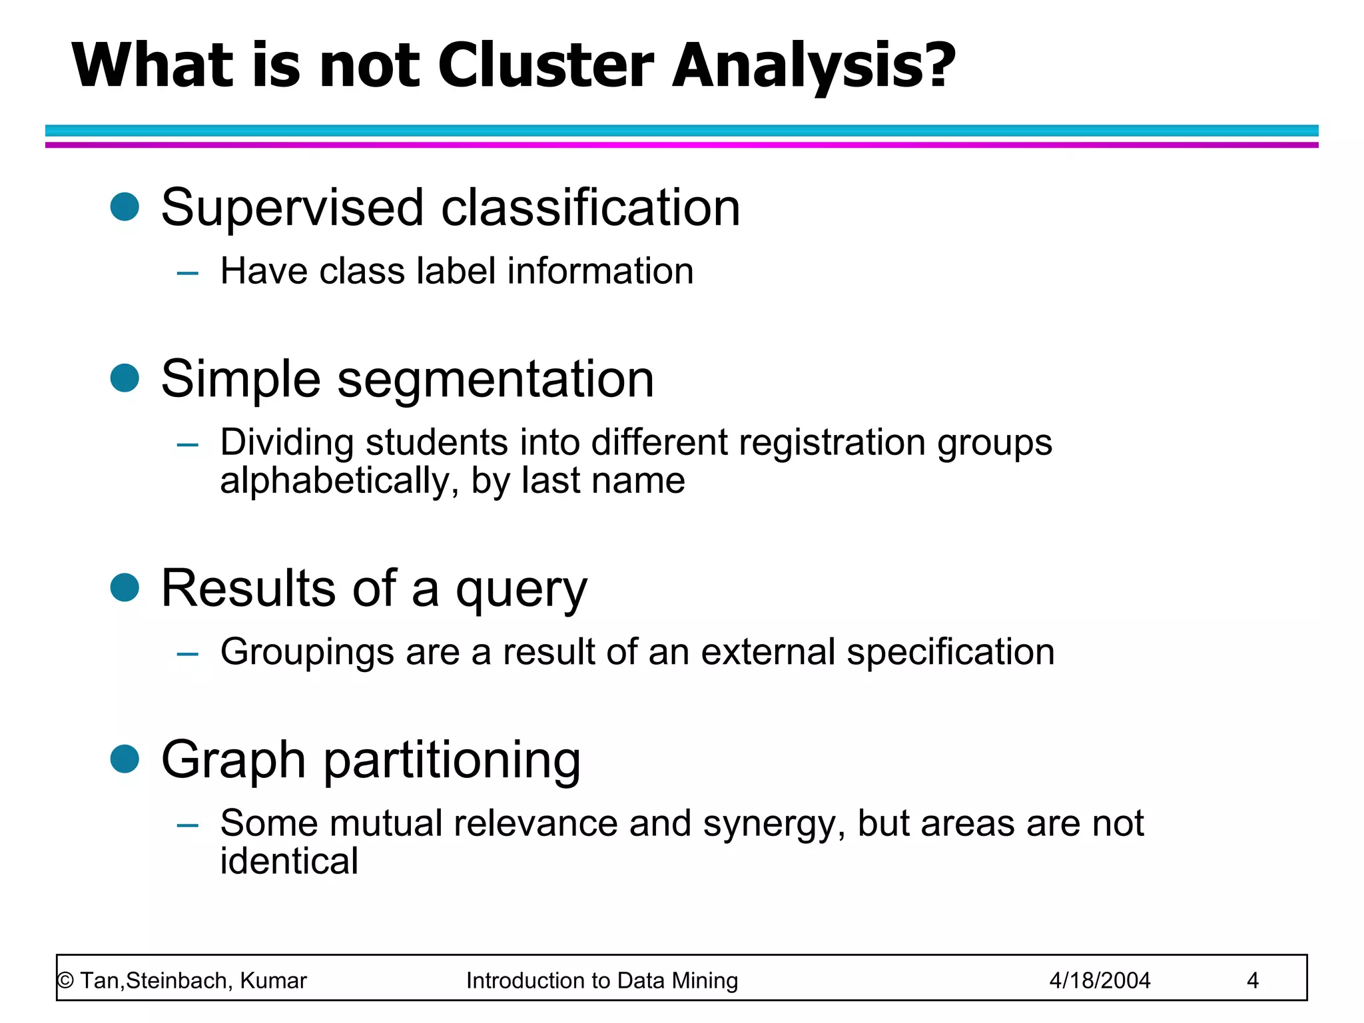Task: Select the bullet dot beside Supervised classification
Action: pos(125,206)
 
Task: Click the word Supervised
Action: pos(292,208)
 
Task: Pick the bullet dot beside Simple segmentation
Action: pos(125,378)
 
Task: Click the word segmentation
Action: pos(496,380)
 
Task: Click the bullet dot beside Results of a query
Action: pos(125,587)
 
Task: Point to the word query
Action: pos(521,590)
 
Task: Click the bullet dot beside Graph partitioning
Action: pos(125,759)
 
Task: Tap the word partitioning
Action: pos(452,761)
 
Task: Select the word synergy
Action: pos(774,824)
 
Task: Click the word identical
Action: pos(289,860)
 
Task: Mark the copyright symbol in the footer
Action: pos(65,980)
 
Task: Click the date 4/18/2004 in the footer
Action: pos(1100,980)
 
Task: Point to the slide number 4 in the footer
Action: pos(1252,980)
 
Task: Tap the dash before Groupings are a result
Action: pos(188,654)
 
